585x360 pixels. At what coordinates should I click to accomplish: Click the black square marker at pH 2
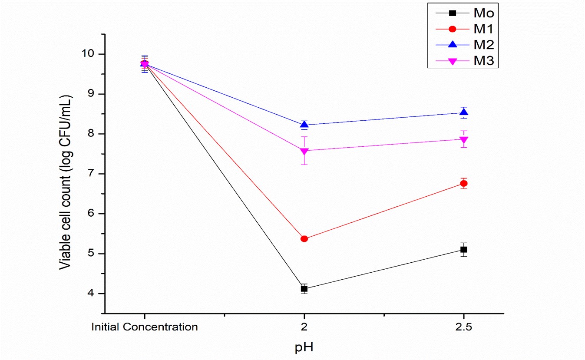[x=304, y=289]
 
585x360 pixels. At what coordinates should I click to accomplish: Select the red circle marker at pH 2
[x=304, y=239]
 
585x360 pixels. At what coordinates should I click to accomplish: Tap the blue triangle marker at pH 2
[x=304, y=125]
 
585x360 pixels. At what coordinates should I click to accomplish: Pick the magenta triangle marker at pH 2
[x=304, y=151]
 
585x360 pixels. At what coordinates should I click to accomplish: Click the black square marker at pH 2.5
[x=464, y=250]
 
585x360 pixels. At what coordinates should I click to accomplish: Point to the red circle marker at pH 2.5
[x=464, y=184]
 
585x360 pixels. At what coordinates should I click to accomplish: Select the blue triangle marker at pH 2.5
[x=464, y=112]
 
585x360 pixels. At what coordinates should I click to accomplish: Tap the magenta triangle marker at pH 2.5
[x=464, y=140]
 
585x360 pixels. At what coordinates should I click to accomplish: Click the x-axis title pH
[x=304, y=347]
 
